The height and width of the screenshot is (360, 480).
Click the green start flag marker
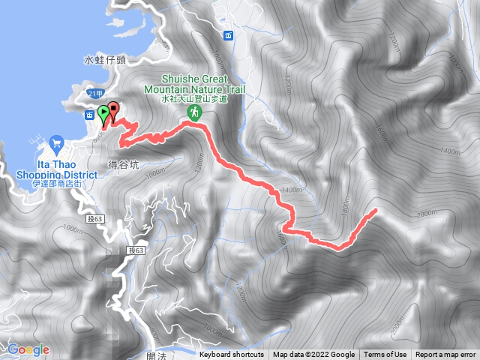pos(103,113)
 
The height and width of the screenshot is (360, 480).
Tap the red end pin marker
pos(113,110)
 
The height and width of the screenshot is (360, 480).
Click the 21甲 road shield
pos(93,93)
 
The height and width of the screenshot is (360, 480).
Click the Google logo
pos(28,349)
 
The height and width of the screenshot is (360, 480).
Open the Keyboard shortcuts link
pos(232,355)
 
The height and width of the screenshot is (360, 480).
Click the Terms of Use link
pos(385,355)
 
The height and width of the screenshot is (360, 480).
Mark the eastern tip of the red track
pos(373,212)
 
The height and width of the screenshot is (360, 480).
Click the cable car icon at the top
pos(227,35)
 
